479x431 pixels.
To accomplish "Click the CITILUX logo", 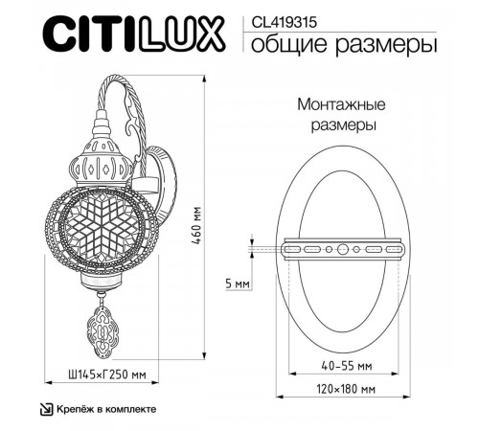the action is [x=134, y=34].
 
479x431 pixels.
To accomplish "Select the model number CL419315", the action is [x=285, y=22].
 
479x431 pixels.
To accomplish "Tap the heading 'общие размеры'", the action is [x=344, y=45].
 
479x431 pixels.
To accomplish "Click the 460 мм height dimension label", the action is [x=196, y=226].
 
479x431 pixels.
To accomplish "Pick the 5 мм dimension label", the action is [x=238, y=284].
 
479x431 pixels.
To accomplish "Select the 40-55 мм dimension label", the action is [x=347, y=366].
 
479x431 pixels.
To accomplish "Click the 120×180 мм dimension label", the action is [x=346, y=389].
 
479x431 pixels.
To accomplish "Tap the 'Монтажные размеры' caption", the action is [x=342, y=115].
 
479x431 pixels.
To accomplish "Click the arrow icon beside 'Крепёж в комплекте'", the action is [x=46, y=410].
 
